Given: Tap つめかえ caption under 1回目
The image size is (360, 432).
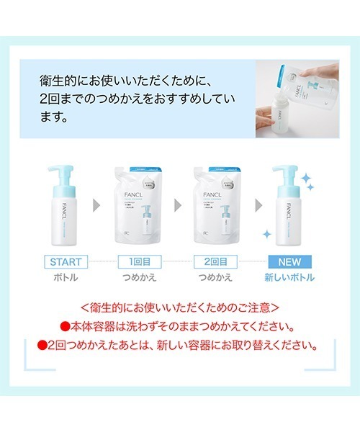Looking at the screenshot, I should click(138, 277).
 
